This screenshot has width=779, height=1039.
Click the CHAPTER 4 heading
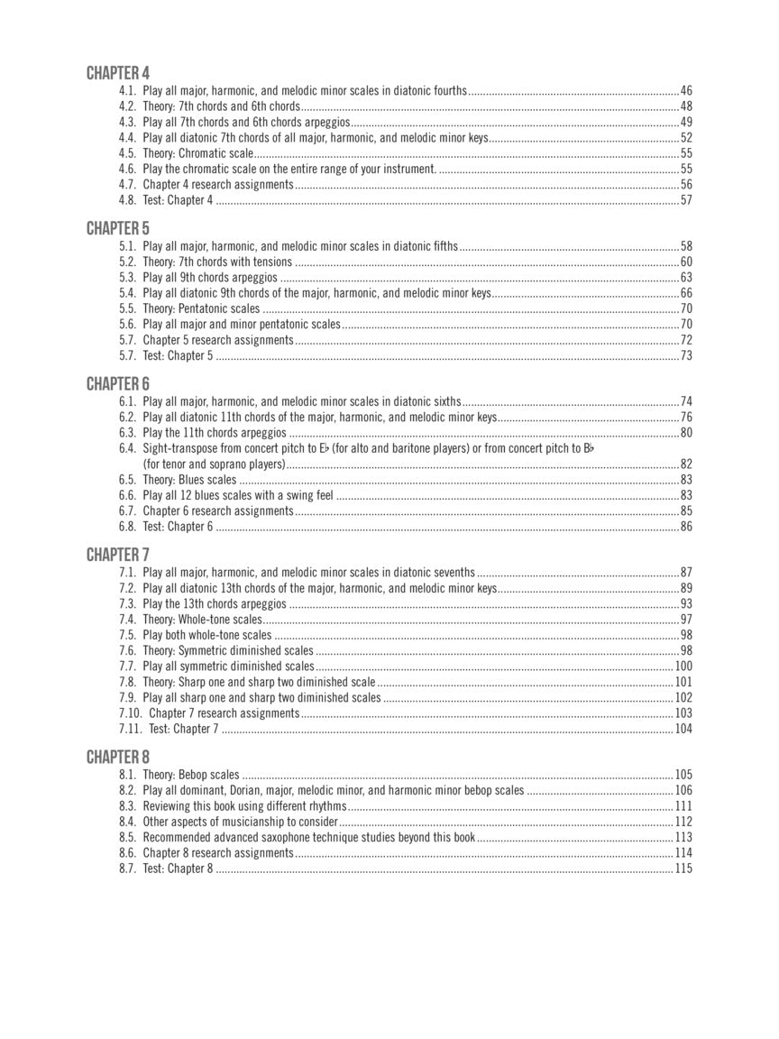point(118,73)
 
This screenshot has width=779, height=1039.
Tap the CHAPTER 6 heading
point(118,384)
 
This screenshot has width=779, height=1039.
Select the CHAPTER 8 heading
point(118,757)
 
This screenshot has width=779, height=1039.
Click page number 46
point(686,91)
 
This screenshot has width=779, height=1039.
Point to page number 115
point(683,869)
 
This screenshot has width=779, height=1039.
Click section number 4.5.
point(127,153)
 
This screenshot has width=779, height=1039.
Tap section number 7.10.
point(131,713)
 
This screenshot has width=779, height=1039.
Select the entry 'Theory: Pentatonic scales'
point(201,308)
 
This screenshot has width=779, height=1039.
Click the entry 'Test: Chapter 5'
point(178,355)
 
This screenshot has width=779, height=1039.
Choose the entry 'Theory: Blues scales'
point(189,480)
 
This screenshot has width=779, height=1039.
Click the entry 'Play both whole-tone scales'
point(206,635)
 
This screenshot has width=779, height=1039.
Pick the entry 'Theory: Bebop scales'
point(191,775)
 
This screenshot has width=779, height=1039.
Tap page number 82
point(686,464)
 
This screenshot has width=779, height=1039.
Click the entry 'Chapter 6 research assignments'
point(217,511)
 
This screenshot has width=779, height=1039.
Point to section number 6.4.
point(127,448)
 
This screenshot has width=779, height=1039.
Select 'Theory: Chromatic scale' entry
point(197,153)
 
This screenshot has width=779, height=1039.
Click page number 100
point(683,667)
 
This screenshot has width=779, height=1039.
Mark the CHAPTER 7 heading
point(118,555)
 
